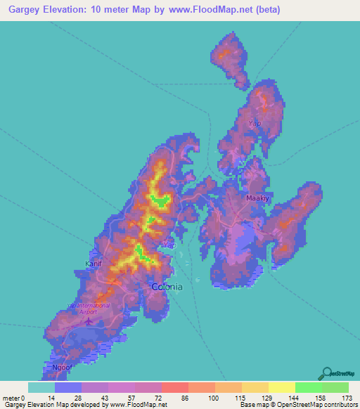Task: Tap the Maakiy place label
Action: [257, 198]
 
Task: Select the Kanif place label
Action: [94, 264]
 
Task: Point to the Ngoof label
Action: [63, 368]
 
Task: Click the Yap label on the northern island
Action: [255, 123]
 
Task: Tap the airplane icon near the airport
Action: [89, 321]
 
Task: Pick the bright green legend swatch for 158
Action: [308, 387]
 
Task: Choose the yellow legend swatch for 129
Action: [255, 387]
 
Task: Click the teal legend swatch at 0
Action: [41, 387]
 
